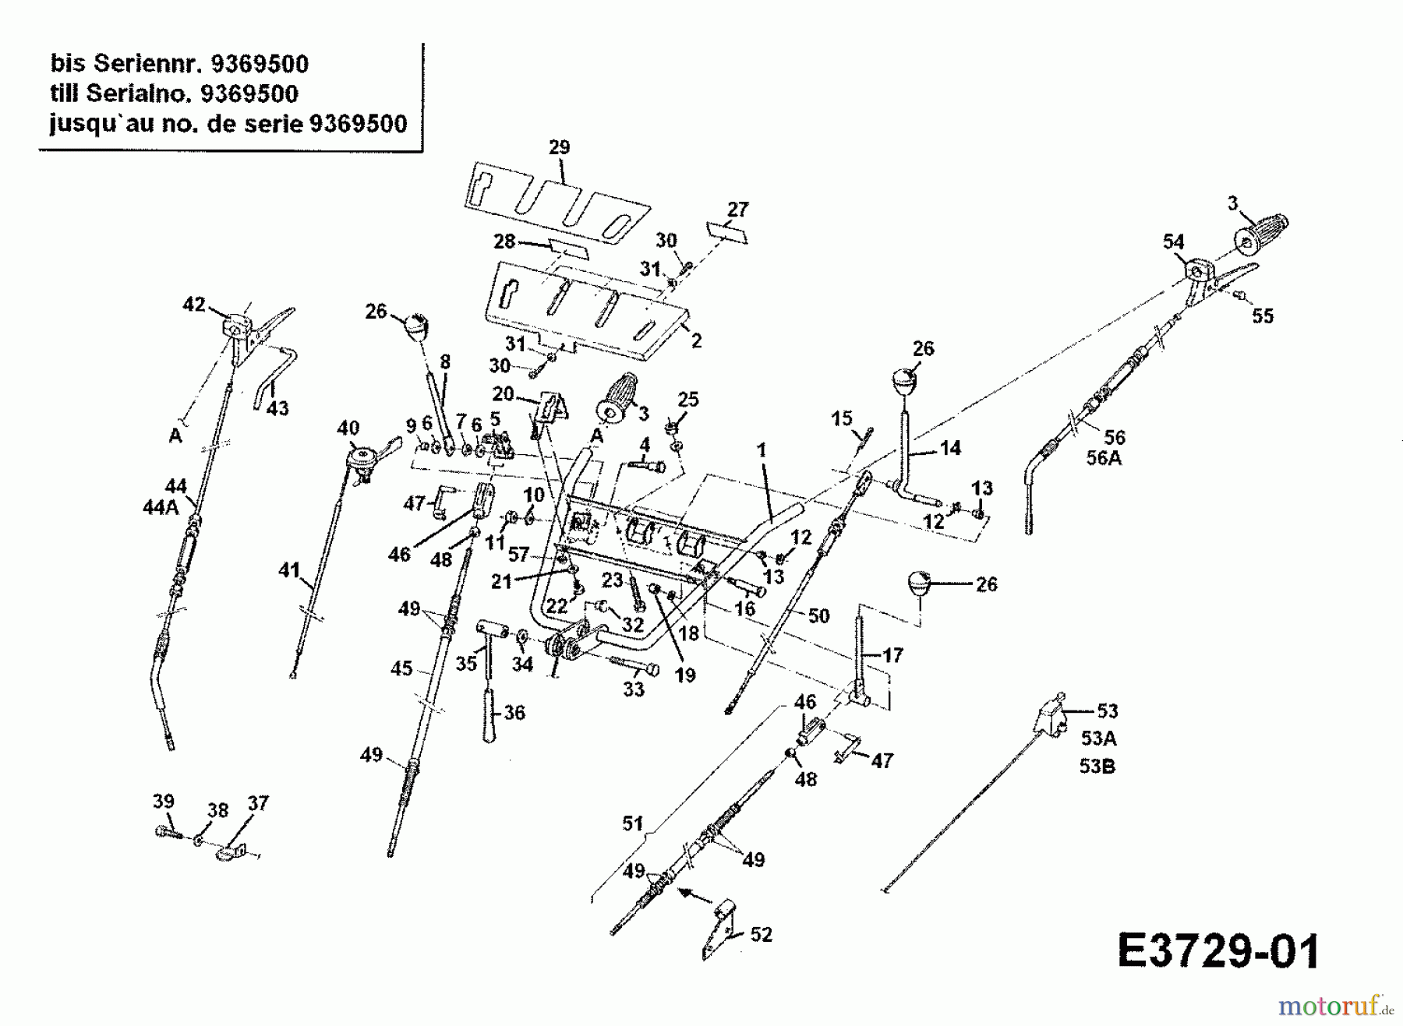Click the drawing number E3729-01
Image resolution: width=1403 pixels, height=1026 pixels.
click(x=1218, y=952)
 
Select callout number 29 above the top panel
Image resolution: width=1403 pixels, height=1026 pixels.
click(x=560, y=147)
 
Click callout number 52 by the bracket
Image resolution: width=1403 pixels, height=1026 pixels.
click(x=762, y=934)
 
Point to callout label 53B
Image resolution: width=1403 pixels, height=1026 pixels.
click(x=1097, y=767)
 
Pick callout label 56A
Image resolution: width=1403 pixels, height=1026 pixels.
click(x=1104, y=458)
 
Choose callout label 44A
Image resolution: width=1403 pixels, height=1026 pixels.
click(x=161, y=508)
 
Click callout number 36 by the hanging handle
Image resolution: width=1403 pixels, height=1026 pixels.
click(x=514, y=712)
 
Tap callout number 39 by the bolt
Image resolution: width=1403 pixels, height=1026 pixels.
click(x=163, y=802)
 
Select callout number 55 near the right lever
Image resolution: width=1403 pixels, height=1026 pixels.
click(x=1263, y=316)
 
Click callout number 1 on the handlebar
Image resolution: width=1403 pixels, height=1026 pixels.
click(x=762, y=450)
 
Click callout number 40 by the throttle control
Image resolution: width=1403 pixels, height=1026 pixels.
click(x=348, y=428)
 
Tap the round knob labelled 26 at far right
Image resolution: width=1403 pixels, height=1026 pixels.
click(x=921, y=583)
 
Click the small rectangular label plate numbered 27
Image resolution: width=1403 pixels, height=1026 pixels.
click(x=727, y=231)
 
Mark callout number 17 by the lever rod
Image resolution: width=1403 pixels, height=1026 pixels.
click(x=892, y=655)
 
